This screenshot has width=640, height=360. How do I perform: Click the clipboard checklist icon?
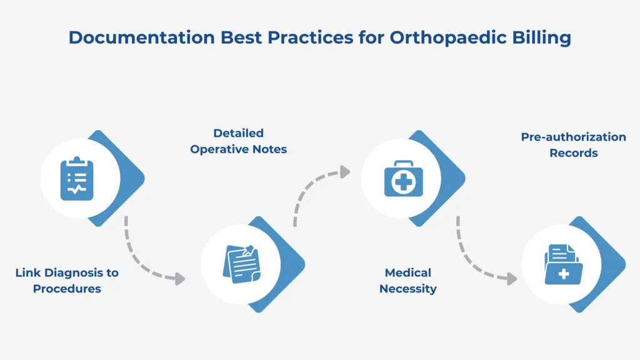coord(77,179)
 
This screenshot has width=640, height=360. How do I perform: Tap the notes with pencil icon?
coord(241,264)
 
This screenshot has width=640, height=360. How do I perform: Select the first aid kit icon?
coord(401,179)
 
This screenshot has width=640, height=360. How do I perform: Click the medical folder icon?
coord(562,264)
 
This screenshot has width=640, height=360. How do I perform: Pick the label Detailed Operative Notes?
coord(239,141)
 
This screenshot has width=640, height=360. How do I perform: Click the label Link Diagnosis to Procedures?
coord(67,281)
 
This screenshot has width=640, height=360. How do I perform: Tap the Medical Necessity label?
coord(408,281)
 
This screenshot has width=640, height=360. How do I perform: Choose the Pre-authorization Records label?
coord(573,144)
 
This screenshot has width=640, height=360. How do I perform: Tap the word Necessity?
coord(408,289)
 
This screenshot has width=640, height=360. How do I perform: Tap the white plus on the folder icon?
coord(564,274)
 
